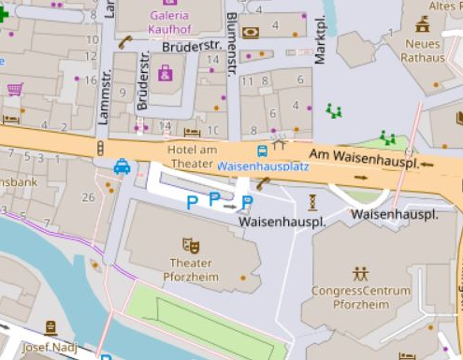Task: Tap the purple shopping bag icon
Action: (166, 72)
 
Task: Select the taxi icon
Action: (122, 166)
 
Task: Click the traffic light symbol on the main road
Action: (100, 148)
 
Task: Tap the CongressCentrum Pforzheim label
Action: (361, 297)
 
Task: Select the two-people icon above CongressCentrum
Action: (361, 274)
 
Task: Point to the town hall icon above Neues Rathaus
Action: (423, 24)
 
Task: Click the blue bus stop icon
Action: (264, 151)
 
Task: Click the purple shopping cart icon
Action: (15, 90)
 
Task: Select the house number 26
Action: (88, 196)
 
